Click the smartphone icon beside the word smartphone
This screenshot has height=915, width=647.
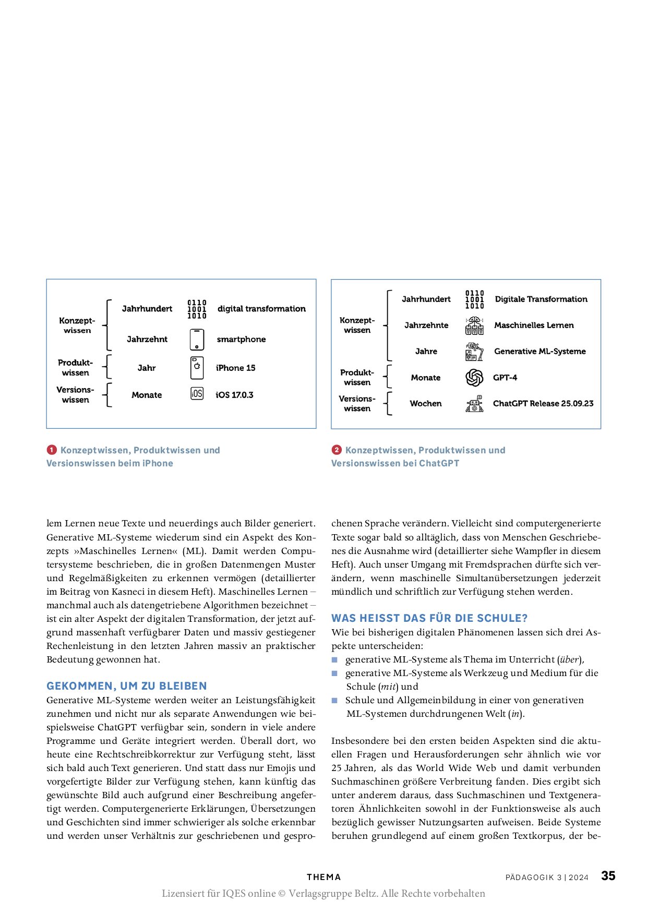pos(197,340)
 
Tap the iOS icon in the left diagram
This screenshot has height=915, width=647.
pos(197,394)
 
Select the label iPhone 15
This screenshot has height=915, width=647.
pos(235,368)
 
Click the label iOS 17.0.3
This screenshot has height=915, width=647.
pos(234,395)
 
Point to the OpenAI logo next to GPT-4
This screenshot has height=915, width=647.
pos(474,377)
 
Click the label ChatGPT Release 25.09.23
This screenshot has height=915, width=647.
pos(543,403)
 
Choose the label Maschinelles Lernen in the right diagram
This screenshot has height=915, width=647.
pos(534,325)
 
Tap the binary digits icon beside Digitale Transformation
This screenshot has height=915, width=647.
pos(474,299)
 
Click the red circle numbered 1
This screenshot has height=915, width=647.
pos(52,450)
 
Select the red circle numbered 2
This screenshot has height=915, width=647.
pos(337,450)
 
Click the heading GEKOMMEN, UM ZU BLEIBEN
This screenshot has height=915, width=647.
pos(127,686)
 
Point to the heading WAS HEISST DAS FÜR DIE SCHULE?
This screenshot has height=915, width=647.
pos(429,618)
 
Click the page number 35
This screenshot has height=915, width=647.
pos(608,876)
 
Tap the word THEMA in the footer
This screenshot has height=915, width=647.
pos(323,877)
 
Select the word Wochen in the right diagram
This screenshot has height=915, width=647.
pos(426,403)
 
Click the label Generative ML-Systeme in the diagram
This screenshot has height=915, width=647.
pos(540,351)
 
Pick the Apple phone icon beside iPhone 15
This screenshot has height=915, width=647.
pos(197,368)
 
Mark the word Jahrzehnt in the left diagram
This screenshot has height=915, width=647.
pos(147,339)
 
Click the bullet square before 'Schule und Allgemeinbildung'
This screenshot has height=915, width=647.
pos(335,700)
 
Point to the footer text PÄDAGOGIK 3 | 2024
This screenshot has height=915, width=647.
pos(547,877)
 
